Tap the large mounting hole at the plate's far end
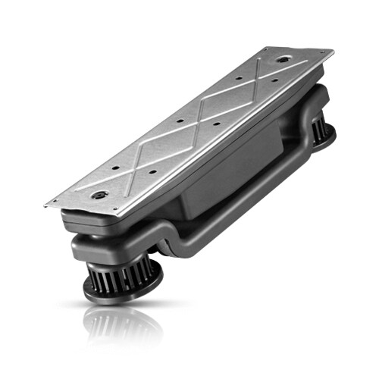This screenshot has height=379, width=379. (282, 59)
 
